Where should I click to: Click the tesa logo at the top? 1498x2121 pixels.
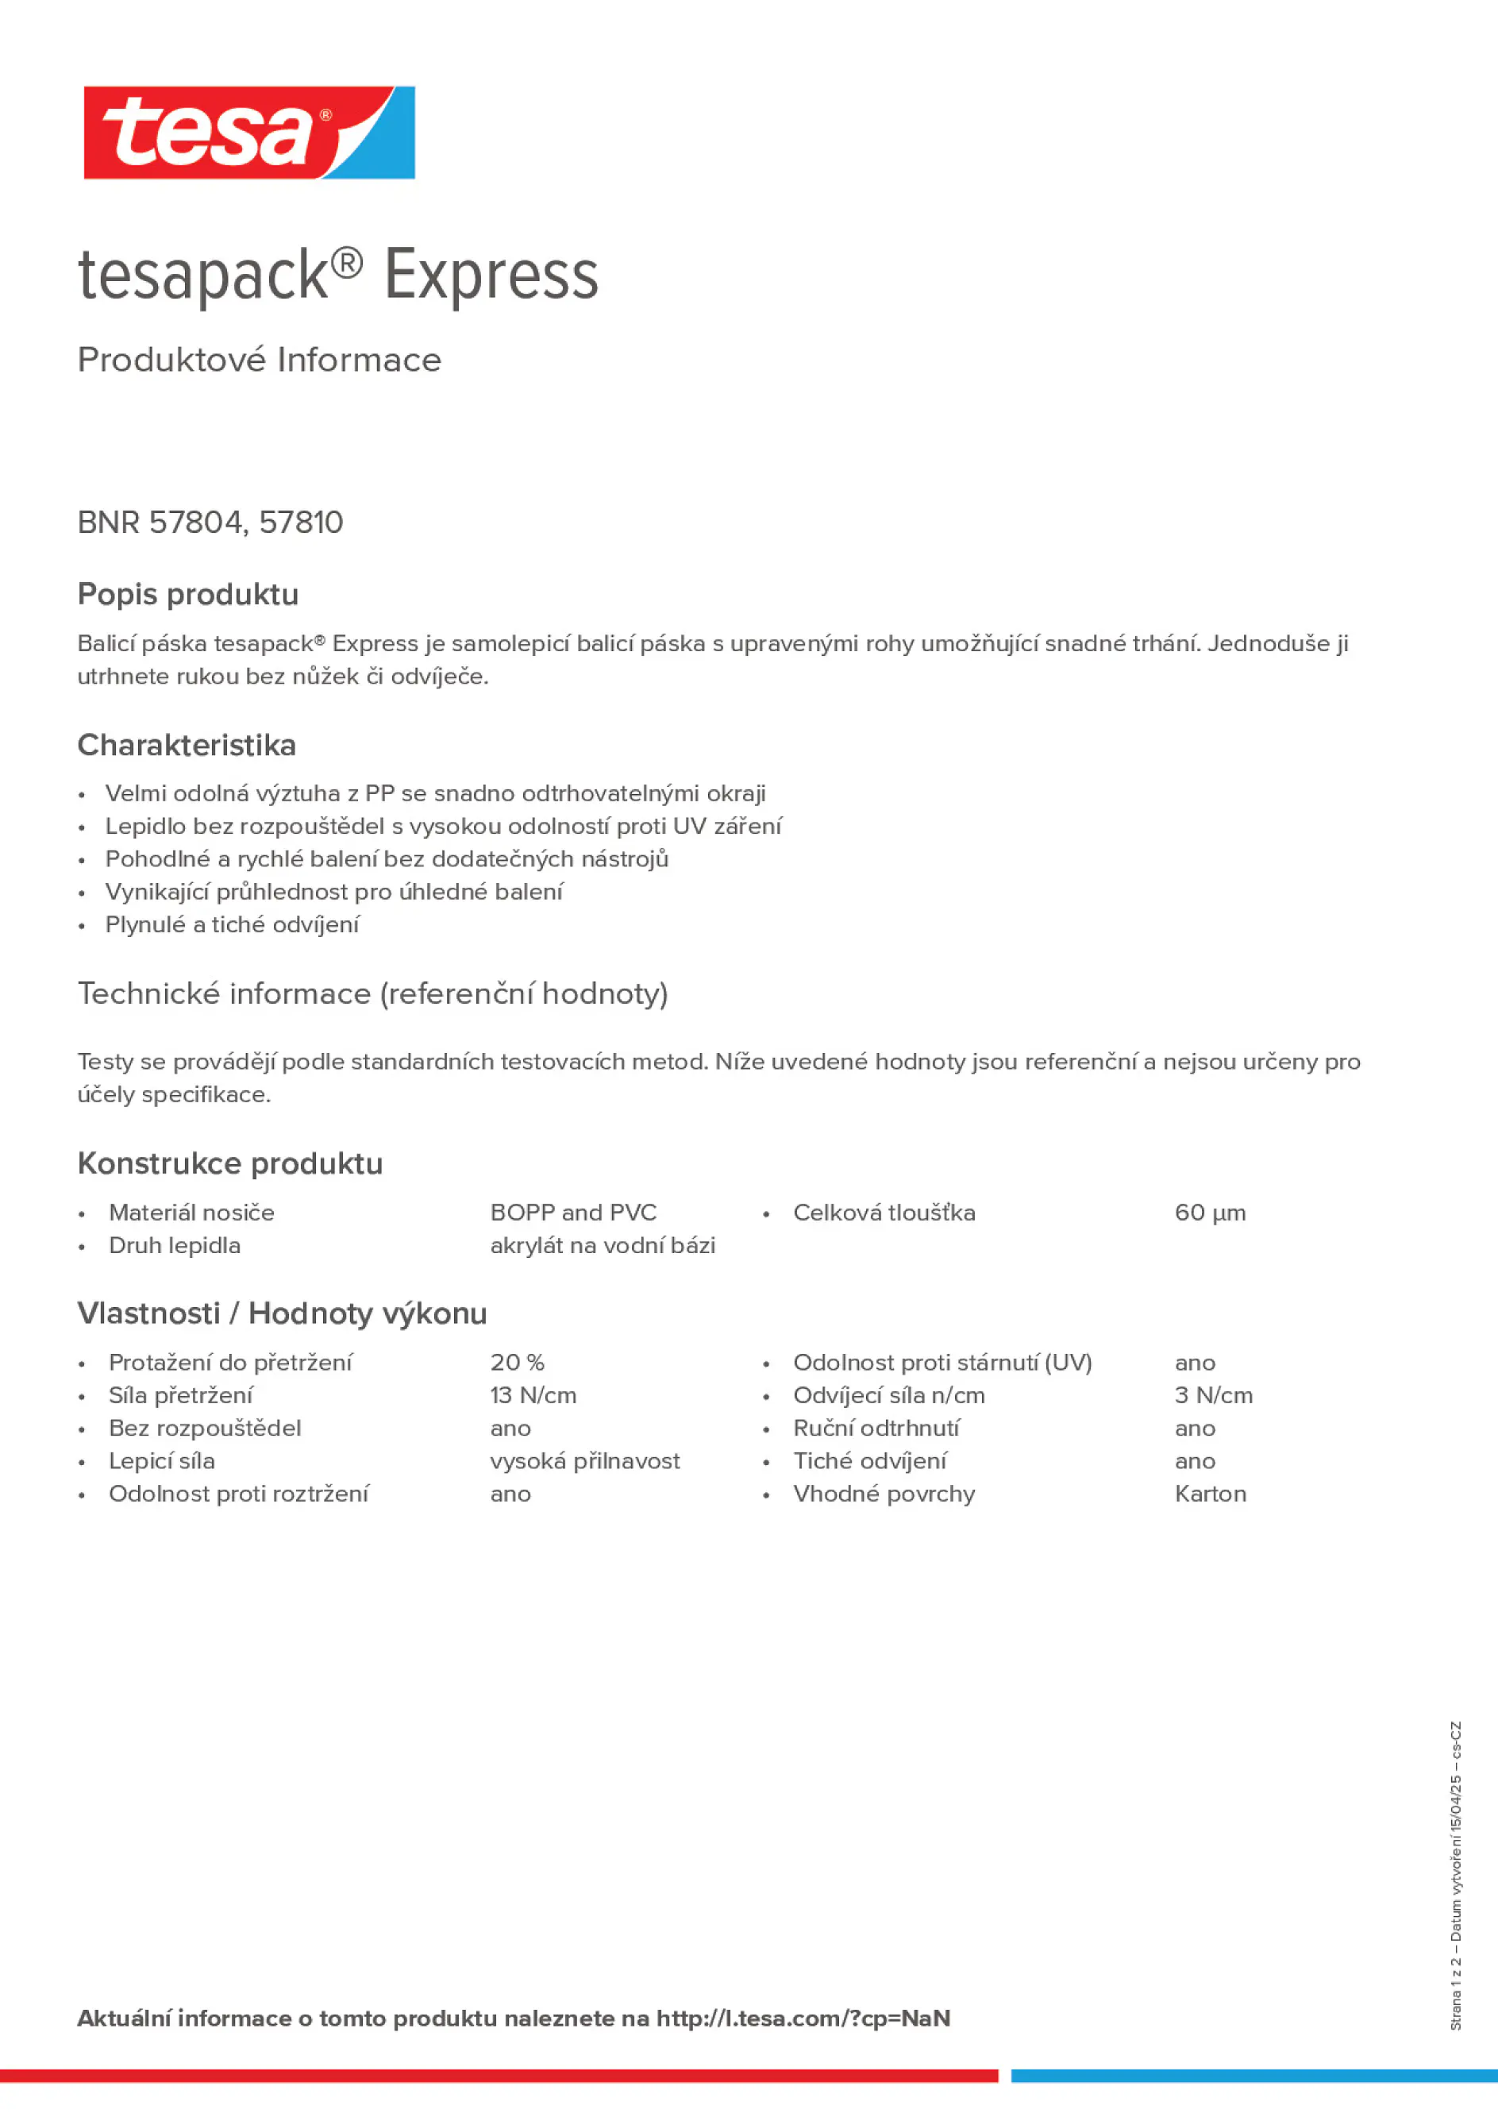point(248,133)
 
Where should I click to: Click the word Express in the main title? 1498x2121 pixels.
point(491,276)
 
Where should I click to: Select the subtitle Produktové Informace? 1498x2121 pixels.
point(260,361)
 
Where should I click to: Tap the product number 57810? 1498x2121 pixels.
point(301,523)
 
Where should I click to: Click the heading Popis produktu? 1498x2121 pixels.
point(188,595)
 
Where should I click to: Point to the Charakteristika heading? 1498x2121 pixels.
point(187,746)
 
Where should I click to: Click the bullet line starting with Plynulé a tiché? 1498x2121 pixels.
point(232,924)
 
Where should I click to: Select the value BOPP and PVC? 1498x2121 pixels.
point(573,1213)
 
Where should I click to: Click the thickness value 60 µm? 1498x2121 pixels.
point(1210,1213)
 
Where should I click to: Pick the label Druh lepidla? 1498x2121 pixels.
point(175,1246)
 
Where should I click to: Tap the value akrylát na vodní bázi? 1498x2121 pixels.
point(603,1246)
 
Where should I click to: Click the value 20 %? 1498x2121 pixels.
point(517,1363)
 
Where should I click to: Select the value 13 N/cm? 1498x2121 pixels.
point(533,1396)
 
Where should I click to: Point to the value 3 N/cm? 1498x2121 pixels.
point(1214,1396)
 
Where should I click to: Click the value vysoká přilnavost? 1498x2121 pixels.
point(584,1461)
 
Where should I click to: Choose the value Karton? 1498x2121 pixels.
point(1210,1494)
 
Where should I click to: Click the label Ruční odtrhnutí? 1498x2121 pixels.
point(876,1429)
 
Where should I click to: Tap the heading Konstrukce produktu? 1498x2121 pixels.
point(230,1164)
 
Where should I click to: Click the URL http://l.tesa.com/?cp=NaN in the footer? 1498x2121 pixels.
point(803,2019)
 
